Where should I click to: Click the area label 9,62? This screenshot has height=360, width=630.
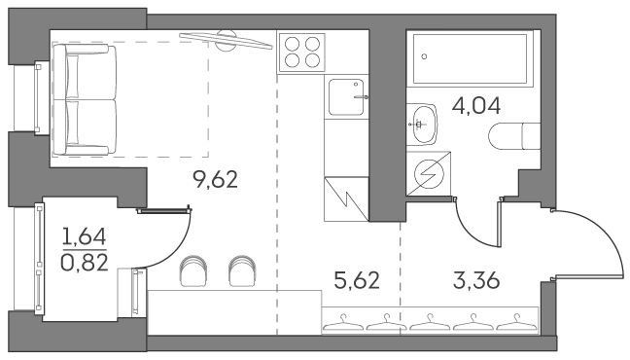[216, 179]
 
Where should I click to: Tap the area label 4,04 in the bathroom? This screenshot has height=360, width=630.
[476, 106]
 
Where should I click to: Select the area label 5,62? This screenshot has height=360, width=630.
[357, 280]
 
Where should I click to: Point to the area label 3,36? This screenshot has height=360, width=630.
[476, 280]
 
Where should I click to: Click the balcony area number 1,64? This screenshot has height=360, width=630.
[85, 236]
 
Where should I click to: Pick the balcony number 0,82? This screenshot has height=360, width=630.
[85, 263]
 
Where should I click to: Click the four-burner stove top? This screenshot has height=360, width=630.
[302, 53]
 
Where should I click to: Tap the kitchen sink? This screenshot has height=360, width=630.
[346, 97]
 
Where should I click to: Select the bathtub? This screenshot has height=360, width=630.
[470, 58]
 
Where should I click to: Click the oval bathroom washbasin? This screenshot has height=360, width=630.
[424, 125]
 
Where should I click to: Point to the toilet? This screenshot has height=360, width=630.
[514, 136]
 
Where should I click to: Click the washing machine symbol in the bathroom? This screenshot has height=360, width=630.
[429, 173]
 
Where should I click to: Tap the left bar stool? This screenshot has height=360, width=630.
[193, 270]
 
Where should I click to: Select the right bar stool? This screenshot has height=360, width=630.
[242, 270]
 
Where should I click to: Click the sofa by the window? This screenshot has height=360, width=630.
[85, 100]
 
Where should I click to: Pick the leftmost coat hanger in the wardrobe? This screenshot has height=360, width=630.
[343, 322]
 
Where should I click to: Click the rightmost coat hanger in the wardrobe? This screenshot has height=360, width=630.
[516, 322]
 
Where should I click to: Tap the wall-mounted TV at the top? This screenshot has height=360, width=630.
[226, 41]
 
